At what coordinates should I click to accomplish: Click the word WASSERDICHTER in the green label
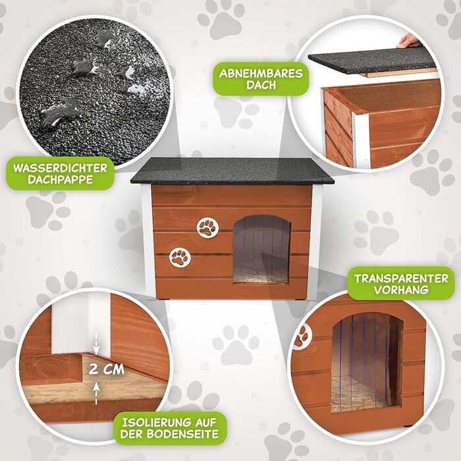[60, 168]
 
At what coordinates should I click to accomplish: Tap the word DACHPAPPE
[61, 180]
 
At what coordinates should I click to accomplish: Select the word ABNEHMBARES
[261, 74]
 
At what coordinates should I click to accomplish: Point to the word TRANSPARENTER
[401, 279]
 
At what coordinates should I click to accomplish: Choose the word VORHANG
[401, 290]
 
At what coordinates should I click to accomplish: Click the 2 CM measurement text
[107, 369]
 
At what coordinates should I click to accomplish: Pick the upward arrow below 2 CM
[96, 394]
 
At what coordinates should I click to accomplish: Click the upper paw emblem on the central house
[208, 228]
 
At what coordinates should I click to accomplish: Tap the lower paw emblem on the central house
[180, 258]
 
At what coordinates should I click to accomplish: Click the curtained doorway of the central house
[261, 250]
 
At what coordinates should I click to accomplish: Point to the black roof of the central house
[232, 171]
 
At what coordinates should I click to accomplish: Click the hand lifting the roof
[409, 41]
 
